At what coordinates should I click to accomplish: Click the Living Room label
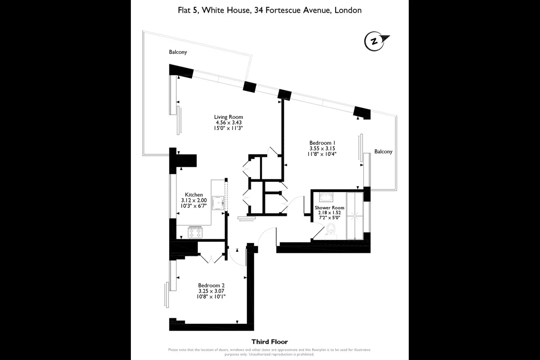(228, 117)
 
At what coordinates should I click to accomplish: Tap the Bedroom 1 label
(322, 143)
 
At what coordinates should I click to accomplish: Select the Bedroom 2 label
(211, 285)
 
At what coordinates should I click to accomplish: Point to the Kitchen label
(194, 195)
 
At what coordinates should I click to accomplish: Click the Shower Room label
(330, 208)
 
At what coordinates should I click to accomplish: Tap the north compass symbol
(376, 41)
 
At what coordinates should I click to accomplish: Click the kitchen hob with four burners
(195, 232)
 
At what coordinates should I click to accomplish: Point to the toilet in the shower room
(331, 231)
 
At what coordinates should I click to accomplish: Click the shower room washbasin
(326, 197)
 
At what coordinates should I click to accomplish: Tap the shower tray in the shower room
(355, 216)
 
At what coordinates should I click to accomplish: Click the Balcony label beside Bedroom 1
(383, 151)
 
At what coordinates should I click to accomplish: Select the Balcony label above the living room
(178, 52)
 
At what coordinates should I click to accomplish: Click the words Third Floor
(270, 342)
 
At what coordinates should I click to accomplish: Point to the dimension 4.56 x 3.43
(228, 123)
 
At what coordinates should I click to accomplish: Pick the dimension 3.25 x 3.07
(211, 291)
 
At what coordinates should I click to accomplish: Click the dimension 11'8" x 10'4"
(322, 154)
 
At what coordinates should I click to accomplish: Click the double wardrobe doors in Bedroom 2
(211, 259)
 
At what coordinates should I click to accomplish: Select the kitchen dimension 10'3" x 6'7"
(193, 206)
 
